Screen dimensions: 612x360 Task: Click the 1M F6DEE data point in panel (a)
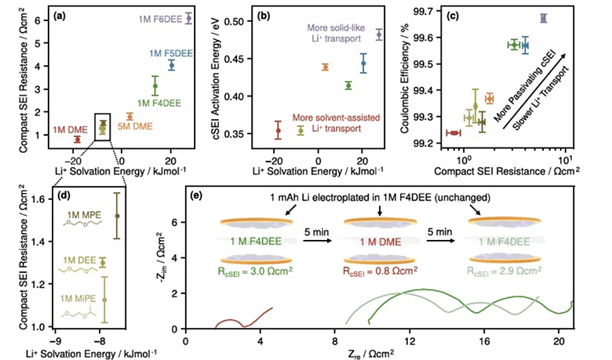point(188,18)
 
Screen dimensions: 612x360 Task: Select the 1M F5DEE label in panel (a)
point(170,53)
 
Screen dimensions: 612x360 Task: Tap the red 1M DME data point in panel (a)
point(77,140)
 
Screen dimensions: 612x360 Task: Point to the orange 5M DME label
point(135,126)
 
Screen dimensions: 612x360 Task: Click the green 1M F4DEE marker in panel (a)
point(155,86)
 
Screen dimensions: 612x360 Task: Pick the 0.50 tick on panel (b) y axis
point(233,21)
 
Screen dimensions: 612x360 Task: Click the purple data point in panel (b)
point(379,35)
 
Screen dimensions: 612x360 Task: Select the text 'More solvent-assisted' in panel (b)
point(336,118)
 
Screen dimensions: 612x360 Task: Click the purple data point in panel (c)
point(543,18)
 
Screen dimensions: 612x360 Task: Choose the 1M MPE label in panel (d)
point(84,215)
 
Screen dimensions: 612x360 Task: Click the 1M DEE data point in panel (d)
point(103,263)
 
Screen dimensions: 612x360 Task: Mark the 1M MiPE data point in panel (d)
point(104,300)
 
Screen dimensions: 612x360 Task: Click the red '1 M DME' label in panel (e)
point(381,242)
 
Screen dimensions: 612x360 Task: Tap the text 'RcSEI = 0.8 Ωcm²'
point(381,271)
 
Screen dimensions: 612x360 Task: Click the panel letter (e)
point(195,195)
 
